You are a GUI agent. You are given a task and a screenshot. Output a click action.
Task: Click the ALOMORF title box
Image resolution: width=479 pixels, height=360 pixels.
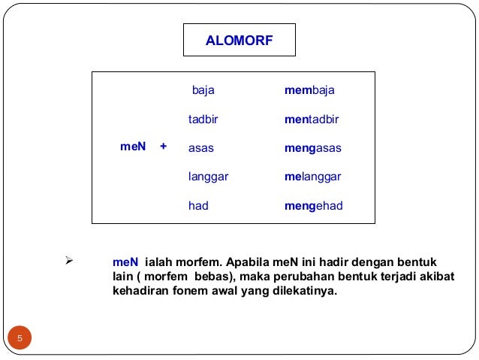239,40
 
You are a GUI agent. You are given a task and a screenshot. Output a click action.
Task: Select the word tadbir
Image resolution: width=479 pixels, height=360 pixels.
206,119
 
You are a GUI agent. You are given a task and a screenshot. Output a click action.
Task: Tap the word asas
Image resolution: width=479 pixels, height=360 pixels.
200,148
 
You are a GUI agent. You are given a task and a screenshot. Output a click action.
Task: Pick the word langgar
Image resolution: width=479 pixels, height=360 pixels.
208,177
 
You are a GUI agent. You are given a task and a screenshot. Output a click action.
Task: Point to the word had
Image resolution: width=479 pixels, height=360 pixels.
198,205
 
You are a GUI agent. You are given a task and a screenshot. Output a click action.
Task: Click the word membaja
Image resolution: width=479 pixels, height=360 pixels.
309,90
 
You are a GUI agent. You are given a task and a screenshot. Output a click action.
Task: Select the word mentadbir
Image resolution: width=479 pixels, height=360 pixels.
312,119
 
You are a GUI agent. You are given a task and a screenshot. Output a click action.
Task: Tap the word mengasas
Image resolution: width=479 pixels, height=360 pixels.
313,148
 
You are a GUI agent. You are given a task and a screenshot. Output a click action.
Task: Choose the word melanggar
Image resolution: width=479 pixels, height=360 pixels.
313,177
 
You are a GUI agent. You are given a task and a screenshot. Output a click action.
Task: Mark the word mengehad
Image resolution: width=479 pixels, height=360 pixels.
313,205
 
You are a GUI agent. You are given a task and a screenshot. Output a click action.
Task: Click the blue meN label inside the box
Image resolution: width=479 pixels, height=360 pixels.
133,148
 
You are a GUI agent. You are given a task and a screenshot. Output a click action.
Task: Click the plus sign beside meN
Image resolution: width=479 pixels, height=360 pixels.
163,148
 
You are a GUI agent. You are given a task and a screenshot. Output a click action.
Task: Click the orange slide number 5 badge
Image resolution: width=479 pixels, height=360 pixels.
20,337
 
